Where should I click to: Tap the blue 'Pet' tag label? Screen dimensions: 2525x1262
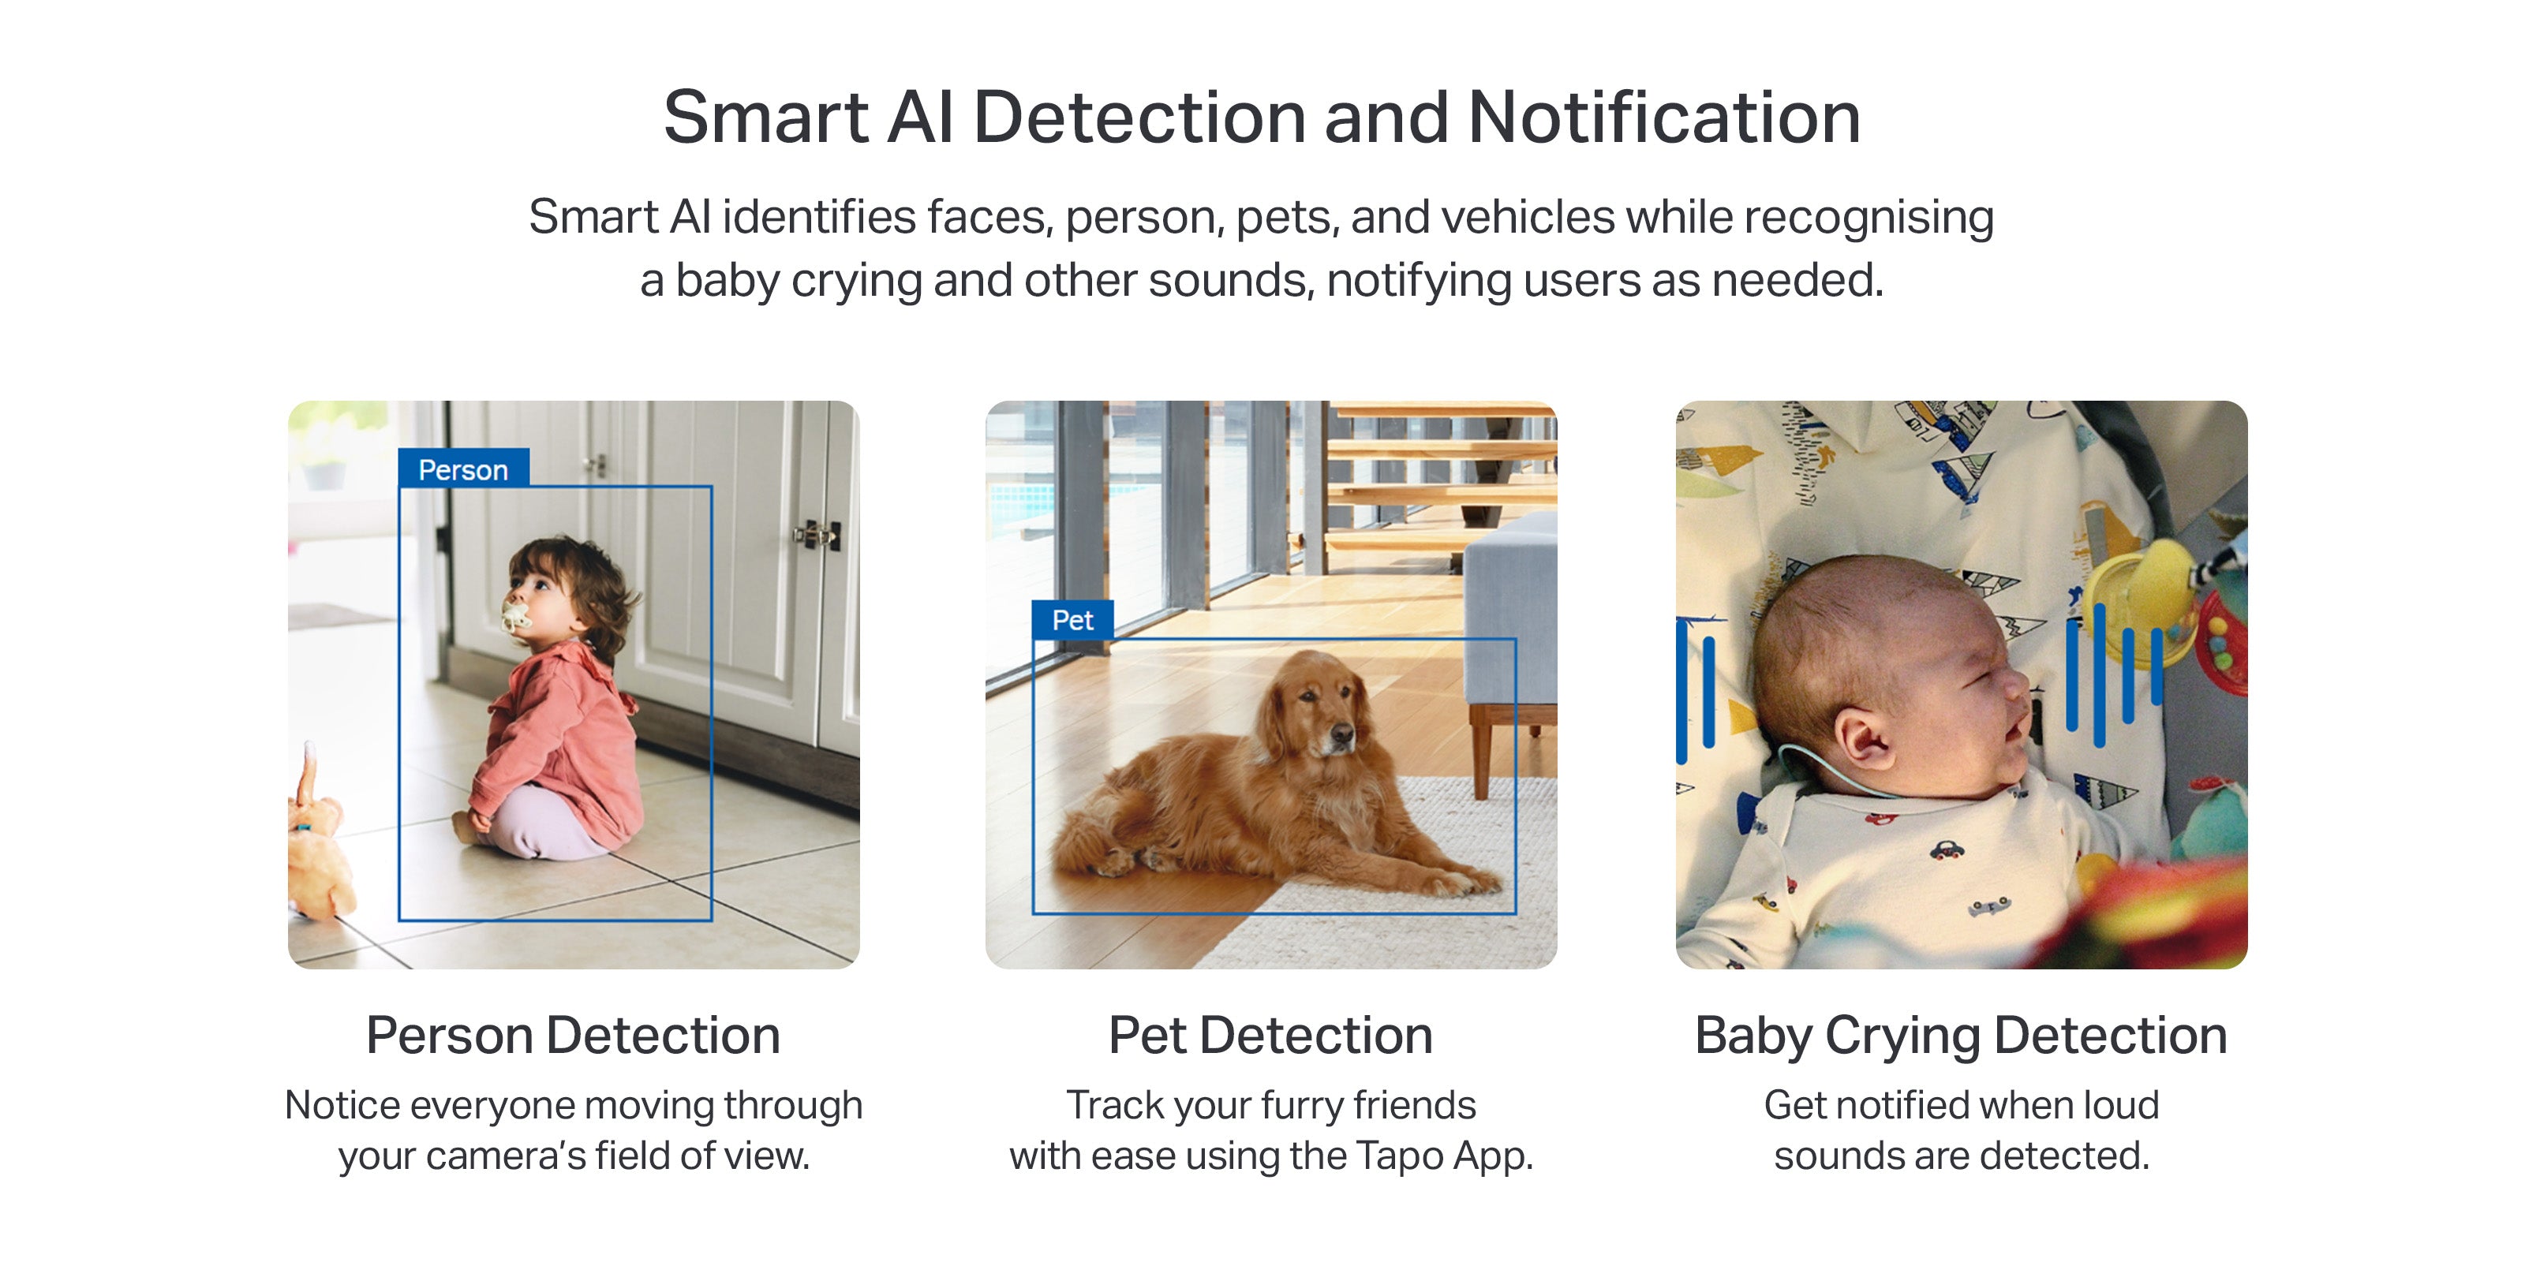tap(1072, 619)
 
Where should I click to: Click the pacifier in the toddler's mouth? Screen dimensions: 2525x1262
tap(515, 615)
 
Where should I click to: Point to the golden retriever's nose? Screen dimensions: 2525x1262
tap(1343, 733)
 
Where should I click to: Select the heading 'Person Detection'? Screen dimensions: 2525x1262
tap(574, 1035)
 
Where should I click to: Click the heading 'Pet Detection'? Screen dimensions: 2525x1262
tap(1270, 1035)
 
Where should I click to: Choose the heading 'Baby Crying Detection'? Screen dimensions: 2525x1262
tap(1960, 1036)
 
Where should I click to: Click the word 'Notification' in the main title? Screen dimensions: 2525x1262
tap(1664, 118)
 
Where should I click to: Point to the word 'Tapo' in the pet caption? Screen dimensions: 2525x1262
tap(1401, 1157)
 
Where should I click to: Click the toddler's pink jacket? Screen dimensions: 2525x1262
tap(559, 745)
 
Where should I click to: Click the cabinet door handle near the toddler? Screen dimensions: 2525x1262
tap(817, 535)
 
